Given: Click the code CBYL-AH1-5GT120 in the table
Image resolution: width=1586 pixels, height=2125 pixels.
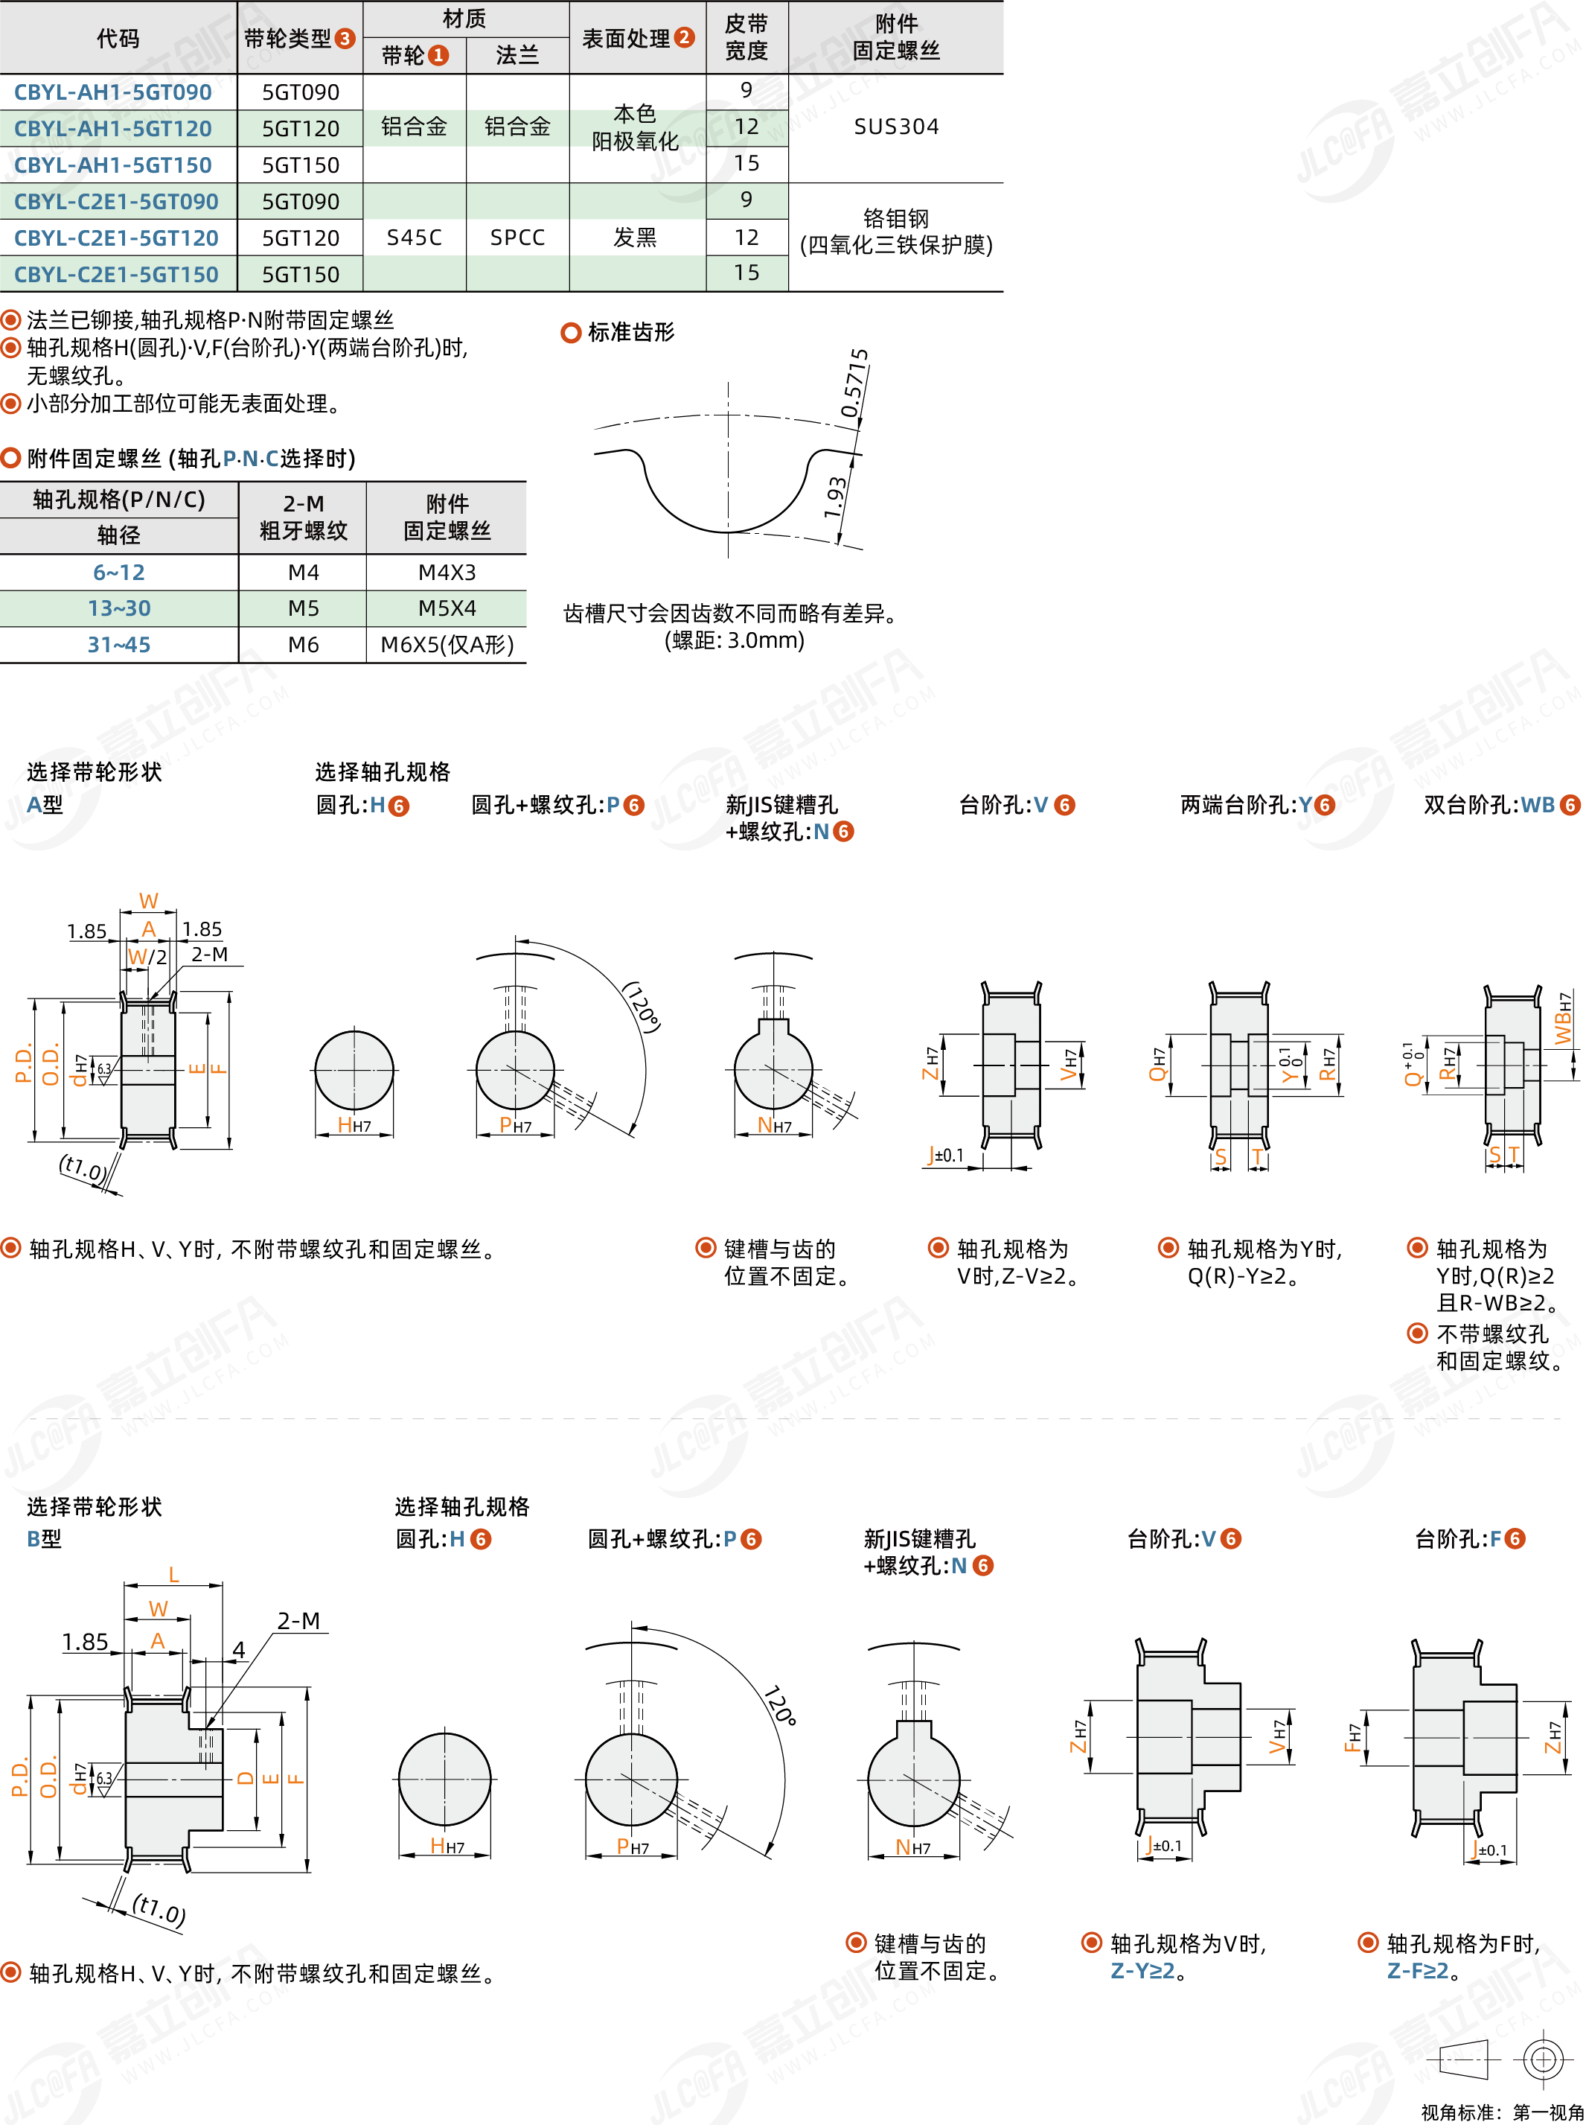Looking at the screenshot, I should (x=112, y=128).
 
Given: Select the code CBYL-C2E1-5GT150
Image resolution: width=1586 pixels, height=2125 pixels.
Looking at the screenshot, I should (x=116, y=275).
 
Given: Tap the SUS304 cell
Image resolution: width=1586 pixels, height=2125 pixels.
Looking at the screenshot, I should (x=896, y=127).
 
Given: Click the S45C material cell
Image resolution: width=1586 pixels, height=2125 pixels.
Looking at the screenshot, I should (x=414, y=238).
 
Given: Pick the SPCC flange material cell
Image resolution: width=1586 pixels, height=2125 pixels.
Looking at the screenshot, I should (x=517, y=238).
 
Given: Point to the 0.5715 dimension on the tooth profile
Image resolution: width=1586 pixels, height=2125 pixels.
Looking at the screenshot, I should (x=854, y=383).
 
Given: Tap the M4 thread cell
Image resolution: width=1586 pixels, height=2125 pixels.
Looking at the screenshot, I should (x=304, y=573).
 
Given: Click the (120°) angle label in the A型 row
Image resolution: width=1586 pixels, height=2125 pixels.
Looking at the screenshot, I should (x=642, y=1007).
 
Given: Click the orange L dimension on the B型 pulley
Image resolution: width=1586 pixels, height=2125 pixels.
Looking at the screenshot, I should (x=173, y=1575).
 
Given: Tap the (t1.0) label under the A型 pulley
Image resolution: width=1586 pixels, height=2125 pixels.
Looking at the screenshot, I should (x=83, y=1167).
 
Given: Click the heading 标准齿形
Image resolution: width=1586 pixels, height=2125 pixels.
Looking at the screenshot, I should (x=630, y=332).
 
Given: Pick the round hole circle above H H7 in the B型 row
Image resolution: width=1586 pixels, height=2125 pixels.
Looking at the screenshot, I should (x=444, y=1778).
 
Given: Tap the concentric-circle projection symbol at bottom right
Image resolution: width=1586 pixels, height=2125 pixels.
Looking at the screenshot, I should (x=1543, y=2059).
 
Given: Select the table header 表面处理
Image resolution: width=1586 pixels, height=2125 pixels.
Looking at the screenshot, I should (x=626, y=39).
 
